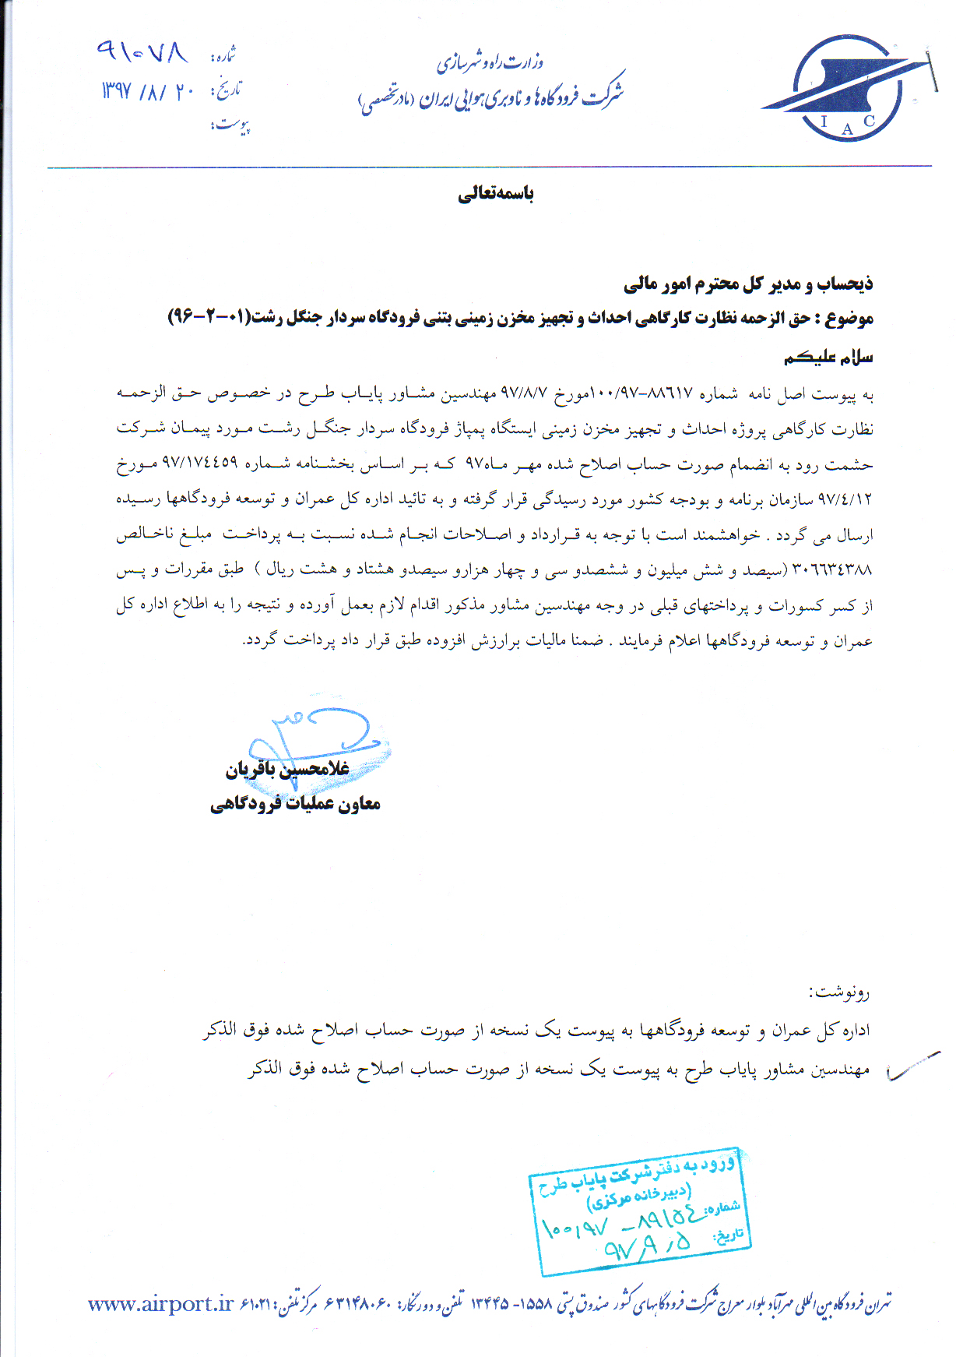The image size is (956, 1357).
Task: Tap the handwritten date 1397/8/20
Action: pos(147,92)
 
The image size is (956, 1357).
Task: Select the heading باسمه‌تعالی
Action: pos(496,194)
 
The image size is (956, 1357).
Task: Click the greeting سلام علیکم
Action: pos(828,357)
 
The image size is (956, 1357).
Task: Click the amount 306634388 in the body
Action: pos(832,570)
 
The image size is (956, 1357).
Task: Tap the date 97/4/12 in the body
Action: pos(846,499)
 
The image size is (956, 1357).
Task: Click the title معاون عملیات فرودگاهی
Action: pos(295,804)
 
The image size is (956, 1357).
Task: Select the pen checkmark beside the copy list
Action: pos(912,1067)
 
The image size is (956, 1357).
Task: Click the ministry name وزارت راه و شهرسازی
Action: pos(490,62)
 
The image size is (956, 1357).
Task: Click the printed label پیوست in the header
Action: pos(231,125)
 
